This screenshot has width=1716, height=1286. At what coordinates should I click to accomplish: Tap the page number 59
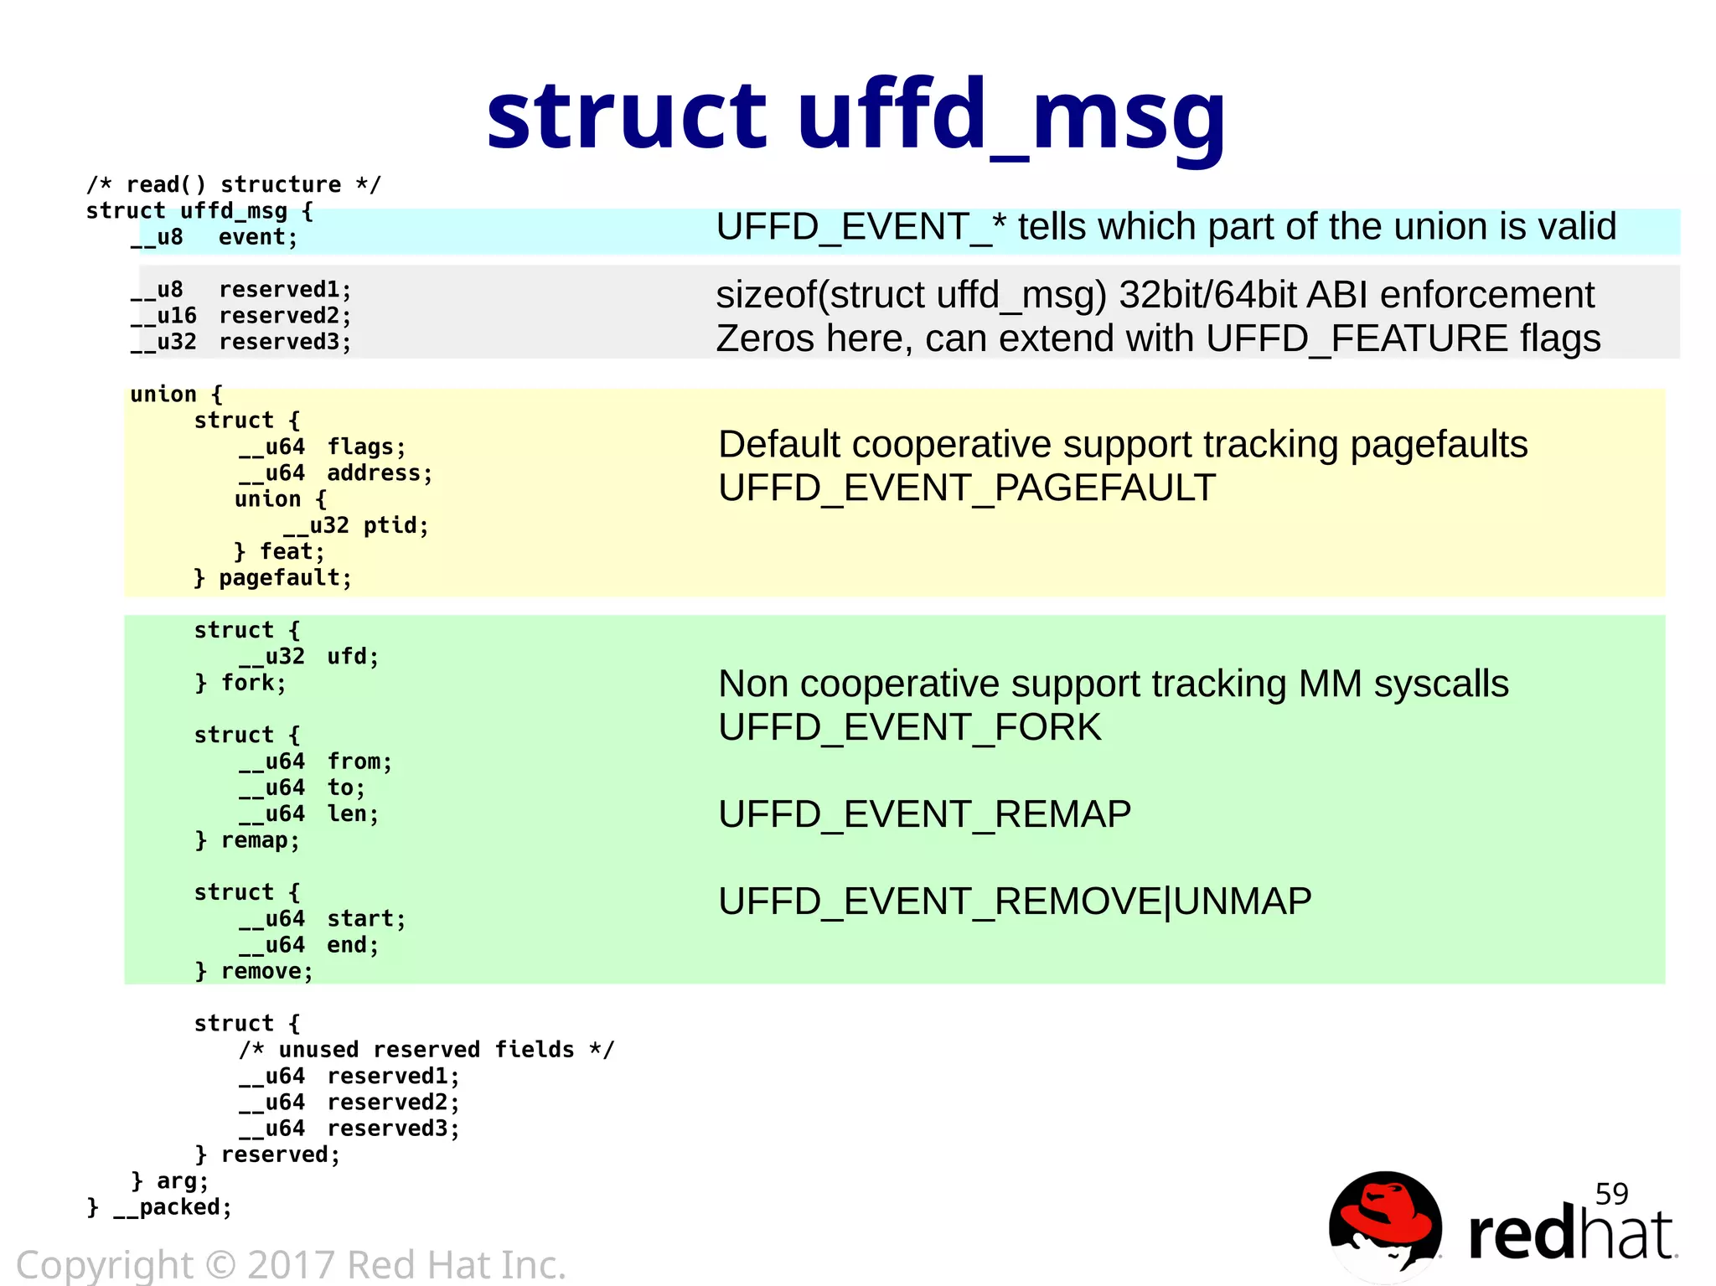(1610, 1193)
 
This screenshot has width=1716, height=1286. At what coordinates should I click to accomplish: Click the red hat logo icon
(1385, 1225)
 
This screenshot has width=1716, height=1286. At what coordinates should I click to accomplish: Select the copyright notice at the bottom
(291, 1264)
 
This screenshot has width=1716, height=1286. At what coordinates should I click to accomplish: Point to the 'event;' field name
(257, 238)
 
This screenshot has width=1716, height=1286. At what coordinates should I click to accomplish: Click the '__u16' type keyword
(163, 317)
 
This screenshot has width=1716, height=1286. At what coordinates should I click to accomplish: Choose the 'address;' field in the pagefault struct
(380, 473)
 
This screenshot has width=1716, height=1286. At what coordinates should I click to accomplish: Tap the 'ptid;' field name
(395, 526)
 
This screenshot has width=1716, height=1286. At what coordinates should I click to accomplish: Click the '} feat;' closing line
(279, 552)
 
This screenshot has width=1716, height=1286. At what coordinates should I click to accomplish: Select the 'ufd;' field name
(353, 657)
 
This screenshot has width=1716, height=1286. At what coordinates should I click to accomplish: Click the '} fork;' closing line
(240, 684)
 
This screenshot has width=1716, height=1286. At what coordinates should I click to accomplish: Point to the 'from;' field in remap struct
(359, 762)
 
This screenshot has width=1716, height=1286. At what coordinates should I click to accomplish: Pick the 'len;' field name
(353, 814)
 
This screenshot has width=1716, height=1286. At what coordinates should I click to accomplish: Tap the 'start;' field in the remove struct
(366, 919)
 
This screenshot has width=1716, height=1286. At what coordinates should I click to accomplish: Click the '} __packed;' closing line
(159, 1207)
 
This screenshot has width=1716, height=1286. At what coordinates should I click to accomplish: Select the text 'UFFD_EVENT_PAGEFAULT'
(967, 488)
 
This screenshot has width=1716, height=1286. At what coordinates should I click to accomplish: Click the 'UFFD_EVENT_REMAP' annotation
(924, 814)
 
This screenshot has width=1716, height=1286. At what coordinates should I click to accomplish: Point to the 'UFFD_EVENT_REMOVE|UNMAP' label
(1015, 901)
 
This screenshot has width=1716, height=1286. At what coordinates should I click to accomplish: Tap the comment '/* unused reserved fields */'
(426, 1050)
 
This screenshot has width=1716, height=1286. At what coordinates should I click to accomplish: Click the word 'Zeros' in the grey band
(764, 338)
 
